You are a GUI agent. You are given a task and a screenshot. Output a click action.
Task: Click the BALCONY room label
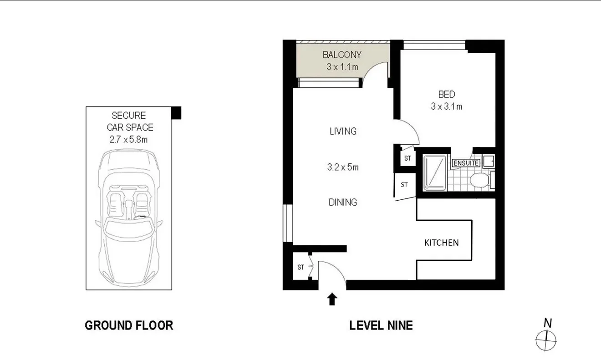[341, 55]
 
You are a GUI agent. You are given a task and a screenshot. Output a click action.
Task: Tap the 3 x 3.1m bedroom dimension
[446, 107]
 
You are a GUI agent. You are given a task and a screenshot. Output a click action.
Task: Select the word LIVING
[343, 132]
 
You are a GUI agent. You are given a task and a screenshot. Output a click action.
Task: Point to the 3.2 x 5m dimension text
[343, 167]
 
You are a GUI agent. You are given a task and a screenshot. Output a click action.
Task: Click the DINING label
[343, 203]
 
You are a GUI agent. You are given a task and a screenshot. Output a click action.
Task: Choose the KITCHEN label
[441, 243]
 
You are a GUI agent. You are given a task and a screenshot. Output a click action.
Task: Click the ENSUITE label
[466, 162]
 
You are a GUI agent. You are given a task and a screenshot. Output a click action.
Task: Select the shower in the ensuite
[435, 172]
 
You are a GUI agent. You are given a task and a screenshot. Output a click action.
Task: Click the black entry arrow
[332, 299]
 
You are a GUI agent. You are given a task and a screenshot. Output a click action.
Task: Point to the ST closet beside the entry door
[300, 267]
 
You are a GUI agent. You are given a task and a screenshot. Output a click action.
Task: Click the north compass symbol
[546, 339]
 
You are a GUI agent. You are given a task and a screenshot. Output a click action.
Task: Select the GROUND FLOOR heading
[129, 325]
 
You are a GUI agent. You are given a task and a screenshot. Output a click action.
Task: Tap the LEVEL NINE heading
[381, 325]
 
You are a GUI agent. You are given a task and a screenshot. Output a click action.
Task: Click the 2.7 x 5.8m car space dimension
[128, 140]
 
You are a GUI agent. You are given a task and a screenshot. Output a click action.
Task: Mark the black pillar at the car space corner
[176, 112]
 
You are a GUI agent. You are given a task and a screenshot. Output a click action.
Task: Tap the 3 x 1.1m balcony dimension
[341, 67]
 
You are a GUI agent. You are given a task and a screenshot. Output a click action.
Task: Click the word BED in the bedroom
[446, 95]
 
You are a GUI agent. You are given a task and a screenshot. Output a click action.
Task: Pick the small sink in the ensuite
[489, 160]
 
